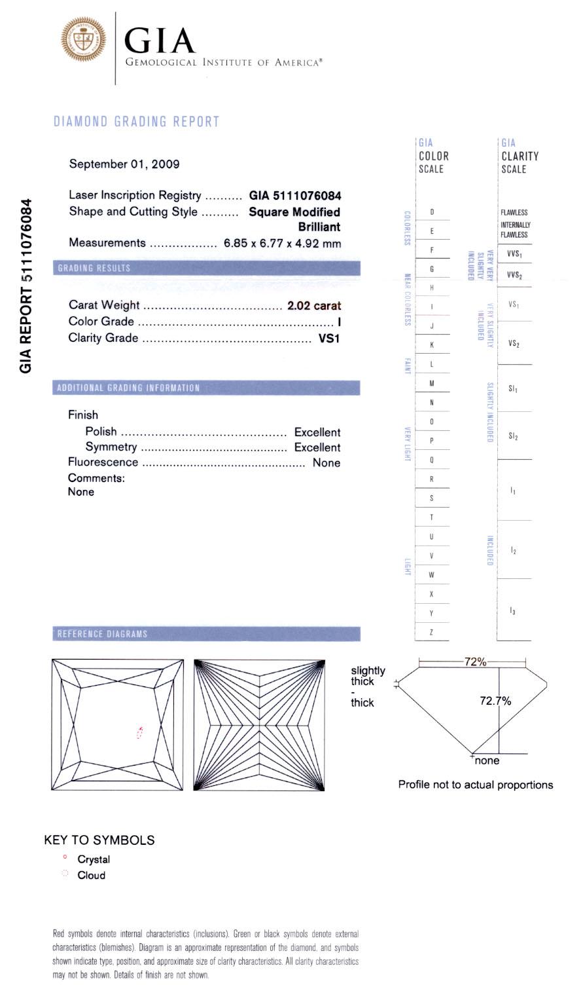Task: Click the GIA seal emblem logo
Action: click(82, 39)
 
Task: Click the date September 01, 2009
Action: click(124, 164)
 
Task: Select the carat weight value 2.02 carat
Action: click(314, 305)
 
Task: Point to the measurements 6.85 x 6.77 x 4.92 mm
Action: click(282, 243)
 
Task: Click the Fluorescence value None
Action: click(326, 462)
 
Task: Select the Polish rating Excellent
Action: click(317, 432)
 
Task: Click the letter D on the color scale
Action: click(432, 212)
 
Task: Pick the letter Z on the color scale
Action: click(432, 633)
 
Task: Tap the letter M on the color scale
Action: click(432, 383)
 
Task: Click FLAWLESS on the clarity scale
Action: click(514, 212)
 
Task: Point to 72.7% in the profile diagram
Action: click(495, 701)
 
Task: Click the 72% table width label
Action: click(475, 662)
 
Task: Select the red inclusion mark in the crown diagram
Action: click(139, 733)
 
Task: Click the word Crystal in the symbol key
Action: click(94, 859)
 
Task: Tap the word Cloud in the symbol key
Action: click(91, 875)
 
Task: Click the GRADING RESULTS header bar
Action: click(206, 268)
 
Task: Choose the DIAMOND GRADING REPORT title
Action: click(136, 121)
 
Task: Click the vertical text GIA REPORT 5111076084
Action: click(26, 286)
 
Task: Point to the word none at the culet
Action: click(487, 760)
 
